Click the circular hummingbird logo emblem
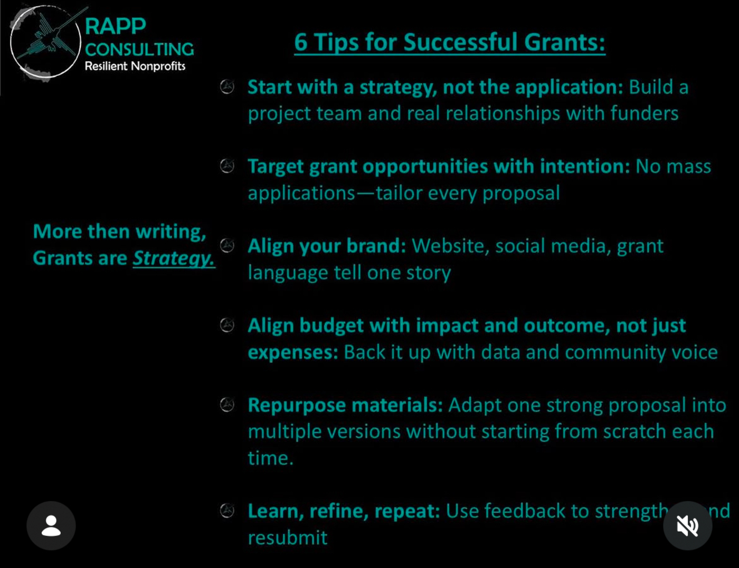click(x=45, y=42)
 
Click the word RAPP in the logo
click(x=115, y=26)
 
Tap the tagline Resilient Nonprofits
click(x=135, y=66)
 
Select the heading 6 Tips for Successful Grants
click(x=449, y=42)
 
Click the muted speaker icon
click(x=687, y=525)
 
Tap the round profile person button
click(x=51, y=525)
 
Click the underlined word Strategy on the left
click(x=173, y=258)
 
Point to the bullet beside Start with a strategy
click(x=227, y=86)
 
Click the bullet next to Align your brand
click(x=227, y=245)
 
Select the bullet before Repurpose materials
click(x=227, y=405)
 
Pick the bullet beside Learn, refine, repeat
click(x=227, y=511)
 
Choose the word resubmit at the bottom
click(x=288, y=538)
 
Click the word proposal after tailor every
click(x=521, y=194)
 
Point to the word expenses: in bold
click(x=293, y=352)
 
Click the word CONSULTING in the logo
click(x=139, y=49)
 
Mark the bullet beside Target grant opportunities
click(x=227, y=166)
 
